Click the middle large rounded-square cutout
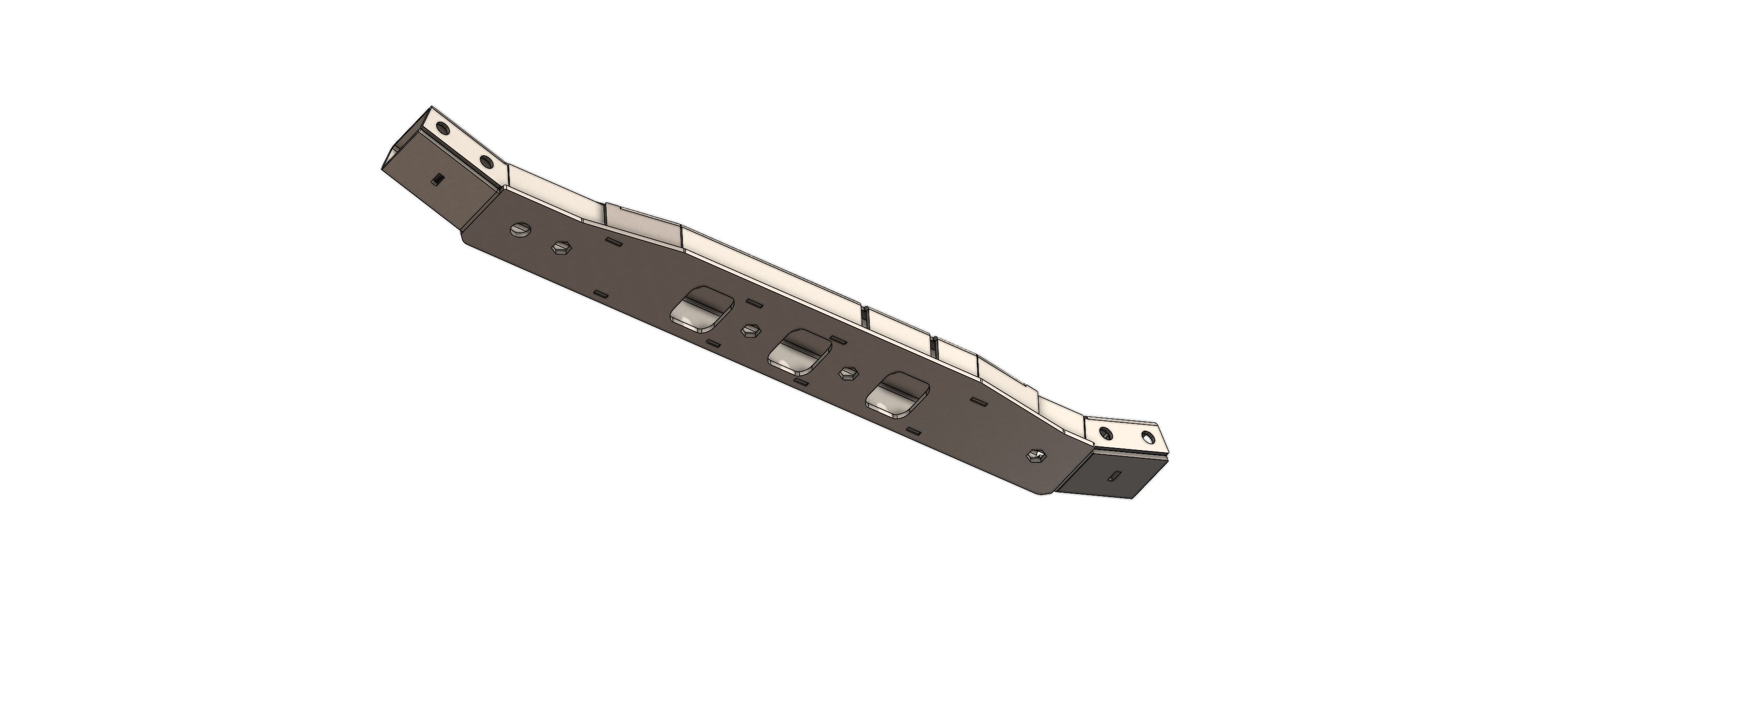pyautogui.click(x=800, y=355)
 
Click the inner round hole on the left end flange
pyautogui.click(x=485, y=162)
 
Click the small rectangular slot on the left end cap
pyautogui.click(x=437, y=180)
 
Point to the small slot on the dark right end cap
pyautogui.click(x=1323, y=474)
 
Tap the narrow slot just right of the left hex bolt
pyautogui.click(x=613, y=242)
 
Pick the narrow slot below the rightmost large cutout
pyautogui.click(x=912, y=430)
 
